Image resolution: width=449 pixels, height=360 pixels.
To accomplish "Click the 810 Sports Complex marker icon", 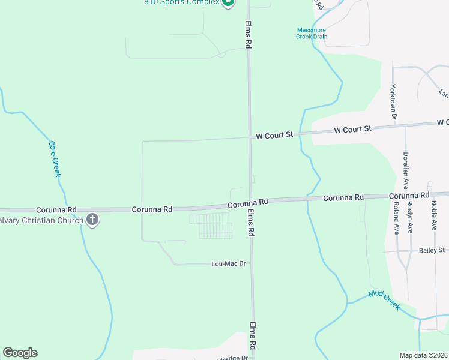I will (228, 2).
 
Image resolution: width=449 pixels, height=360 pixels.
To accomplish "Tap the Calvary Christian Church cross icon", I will (92, 220).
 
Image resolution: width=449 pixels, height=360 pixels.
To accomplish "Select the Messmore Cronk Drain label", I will (312, 33).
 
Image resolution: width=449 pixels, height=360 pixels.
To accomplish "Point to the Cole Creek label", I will (55, 158).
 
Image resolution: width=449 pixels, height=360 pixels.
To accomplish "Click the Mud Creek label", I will (384, 299).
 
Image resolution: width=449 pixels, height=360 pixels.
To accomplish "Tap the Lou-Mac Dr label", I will (229, 263).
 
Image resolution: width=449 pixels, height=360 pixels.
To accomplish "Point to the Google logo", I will (20, 353).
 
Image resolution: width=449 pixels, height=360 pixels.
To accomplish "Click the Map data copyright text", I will (423, 355).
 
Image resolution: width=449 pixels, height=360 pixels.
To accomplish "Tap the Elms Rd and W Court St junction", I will (250, 137).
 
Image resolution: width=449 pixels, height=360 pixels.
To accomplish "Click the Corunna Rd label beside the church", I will (56, 209).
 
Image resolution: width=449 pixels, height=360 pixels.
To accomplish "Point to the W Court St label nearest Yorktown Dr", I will (353, 129).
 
